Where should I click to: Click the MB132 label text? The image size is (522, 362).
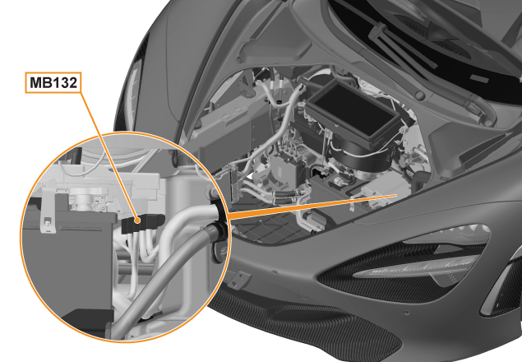53,82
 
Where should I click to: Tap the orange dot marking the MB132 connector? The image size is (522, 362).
136,220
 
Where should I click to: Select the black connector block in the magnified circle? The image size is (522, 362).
143,223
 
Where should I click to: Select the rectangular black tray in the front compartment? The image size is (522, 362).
353,111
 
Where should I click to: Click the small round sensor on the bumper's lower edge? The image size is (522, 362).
405,313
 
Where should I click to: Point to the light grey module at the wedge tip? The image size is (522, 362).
383,193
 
